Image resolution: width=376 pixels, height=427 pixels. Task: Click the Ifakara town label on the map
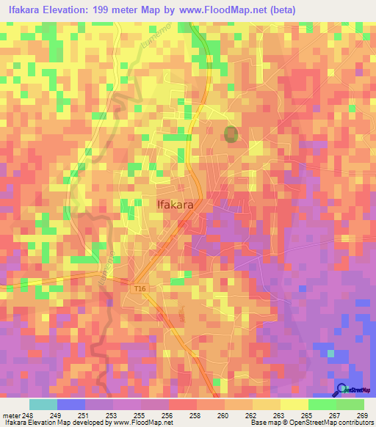click(x=176, y=205)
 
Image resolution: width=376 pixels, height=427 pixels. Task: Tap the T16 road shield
click(x=140, y=288)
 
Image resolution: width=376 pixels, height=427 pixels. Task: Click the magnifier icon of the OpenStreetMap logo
click(x=341, y=390)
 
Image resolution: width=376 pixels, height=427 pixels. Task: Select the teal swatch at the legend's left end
click(x=43, y=404)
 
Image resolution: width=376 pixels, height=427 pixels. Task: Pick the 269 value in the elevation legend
click(x=362, y=415)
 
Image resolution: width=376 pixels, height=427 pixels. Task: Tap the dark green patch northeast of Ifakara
click(x=231, y=134)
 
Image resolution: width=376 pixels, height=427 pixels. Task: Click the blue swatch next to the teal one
click(x=71, y=404)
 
